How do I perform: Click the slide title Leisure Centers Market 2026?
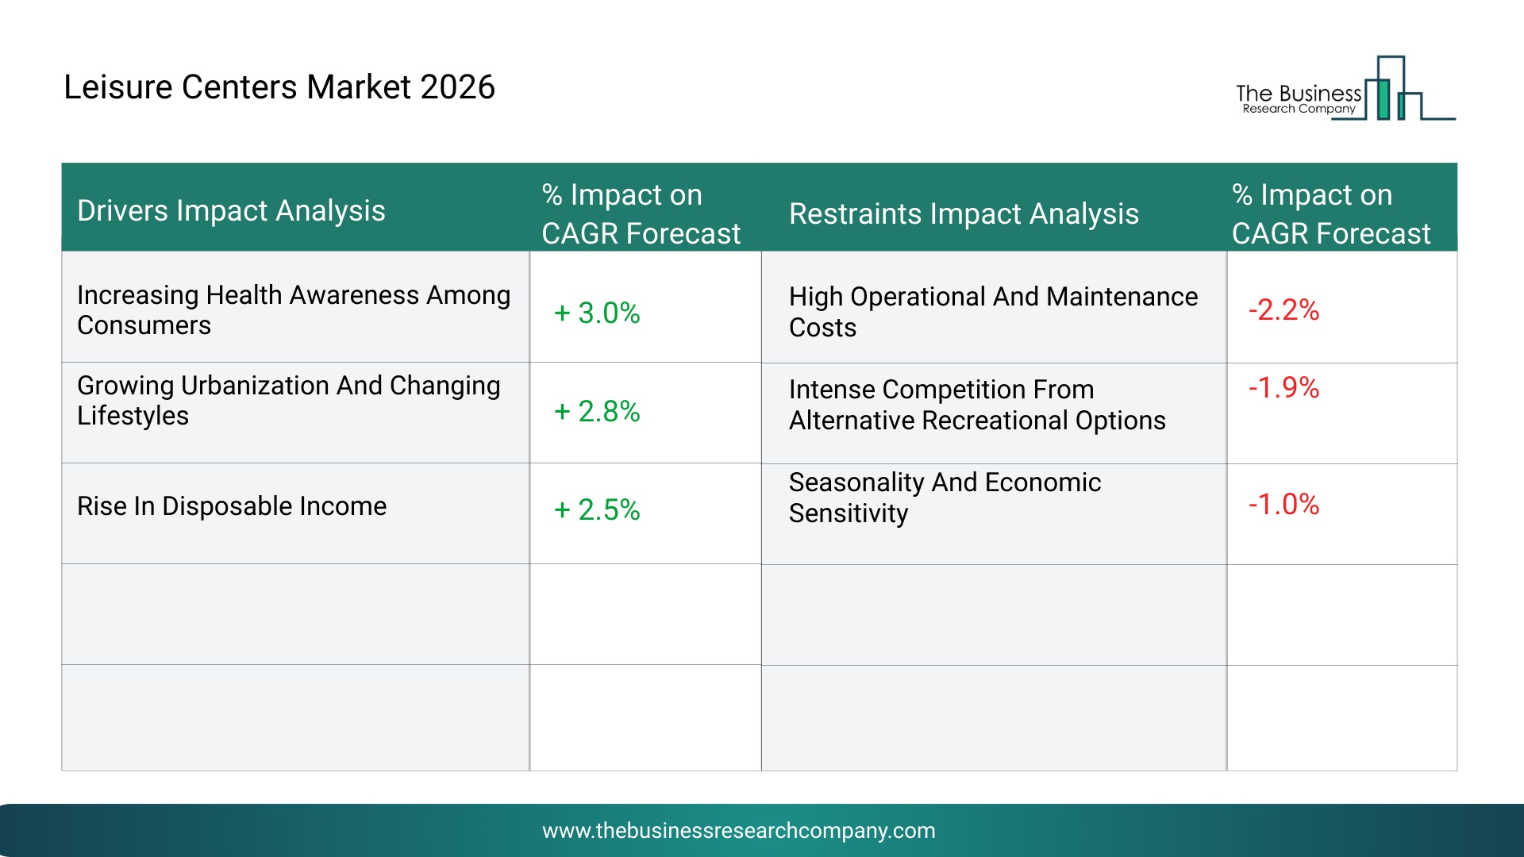coord(279,86)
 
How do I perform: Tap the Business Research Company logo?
coord(1345,88)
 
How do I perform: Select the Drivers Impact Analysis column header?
coord(231,210)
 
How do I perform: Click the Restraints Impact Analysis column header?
coord(964,213)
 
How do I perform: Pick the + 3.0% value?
coord(597,313)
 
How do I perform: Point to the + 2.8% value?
coord(597,411)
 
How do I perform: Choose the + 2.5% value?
coord(597,509)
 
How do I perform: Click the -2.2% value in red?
coord(1283,309)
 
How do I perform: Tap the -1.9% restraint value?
coord(1283,387)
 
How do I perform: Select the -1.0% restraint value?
coord(1283,504)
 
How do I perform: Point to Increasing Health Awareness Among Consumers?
coord(294,310)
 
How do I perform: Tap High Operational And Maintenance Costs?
coord(993,312)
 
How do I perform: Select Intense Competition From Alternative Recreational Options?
coord(977,405)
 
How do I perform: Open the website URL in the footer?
coord(739,831)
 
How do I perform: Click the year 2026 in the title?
coord(458,86)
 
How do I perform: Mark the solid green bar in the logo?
coord(1384,99)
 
